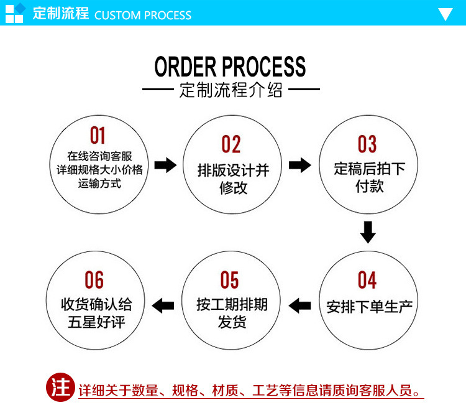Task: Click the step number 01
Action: tap(98, 135)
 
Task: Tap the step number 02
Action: tap(231, 144)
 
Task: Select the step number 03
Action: tap(367, 144)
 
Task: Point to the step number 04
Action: tap(367, 281)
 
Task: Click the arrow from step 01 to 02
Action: tap(165, 165)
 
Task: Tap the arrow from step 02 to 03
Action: tap(300, 165)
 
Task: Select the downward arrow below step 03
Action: tap(368, 231)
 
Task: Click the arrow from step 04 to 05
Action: tap(300, 305)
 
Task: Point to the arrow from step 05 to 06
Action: tap(163, 305)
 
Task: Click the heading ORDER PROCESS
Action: tap(231, 67)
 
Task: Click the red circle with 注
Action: tap(61, 389)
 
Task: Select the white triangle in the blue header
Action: tap(445, 14)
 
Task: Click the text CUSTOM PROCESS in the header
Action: tap(143, 15)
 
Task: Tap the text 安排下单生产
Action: tap(370, 306)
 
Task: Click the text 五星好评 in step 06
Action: tap(96, 323)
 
